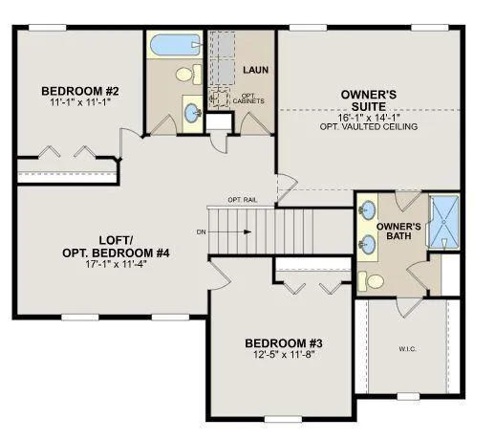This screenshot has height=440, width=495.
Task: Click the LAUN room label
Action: pyautogui.click(x=254, y=70)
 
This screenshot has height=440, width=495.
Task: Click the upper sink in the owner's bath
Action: pyautogui.click(x=366, y=214)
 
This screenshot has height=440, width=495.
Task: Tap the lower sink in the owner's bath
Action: pyautogui.click(x=366, y=244)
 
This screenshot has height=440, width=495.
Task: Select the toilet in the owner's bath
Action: pyautogui.click(x=376, y=281)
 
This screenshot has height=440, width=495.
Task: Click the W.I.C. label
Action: pyautogui.click(x=406, y=348)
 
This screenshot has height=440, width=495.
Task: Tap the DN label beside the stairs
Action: pyautogui.click(x=200, y=231)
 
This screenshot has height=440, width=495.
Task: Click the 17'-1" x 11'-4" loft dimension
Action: pyautogui.click(x=108, y=264)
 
